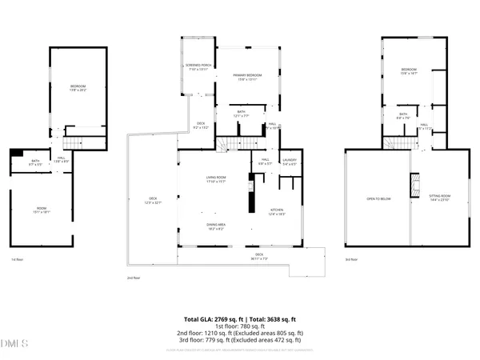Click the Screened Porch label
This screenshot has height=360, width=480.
(197, 67)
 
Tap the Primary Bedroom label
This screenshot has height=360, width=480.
(247, 75)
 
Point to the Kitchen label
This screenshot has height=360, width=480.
(277, 210)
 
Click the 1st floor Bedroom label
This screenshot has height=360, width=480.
(78, 87)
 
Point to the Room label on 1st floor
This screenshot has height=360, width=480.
(42, 210)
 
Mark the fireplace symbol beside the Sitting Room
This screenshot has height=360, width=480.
(414, 186)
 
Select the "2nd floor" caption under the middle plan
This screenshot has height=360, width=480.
(133, 278)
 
